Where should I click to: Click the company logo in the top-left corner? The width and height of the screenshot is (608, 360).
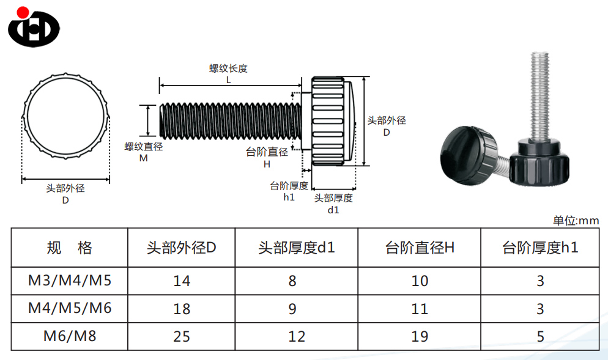(34, 26)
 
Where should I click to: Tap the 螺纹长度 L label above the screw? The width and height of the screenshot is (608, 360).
(228, 73)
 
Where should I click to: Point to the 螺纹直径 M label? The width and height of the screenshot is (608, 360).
(144, 152)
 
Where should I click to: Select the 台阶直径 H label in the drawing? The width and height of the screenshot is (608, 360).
(267, 158)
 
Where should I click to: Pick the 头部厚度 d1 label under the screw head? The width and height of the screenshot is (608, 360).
(333, 204)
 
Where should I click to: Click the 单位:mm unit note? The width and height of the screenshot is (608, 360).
(576, 221)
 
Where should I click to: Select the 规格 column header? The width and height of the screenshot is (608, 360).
(69, 248)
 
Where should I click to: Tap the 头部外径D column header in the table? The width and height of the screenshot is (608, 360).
(182, 248)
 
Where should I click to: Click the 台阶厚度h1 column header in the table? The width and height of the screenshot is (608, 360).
(540, 248)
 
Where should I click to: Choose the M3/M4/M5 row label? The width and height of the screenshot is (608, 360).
(70, 281)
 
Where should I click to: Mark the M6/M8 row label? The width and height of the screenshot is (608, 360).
(70, 336)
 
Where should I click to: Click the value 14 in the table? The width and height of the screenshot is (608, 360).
(182, 281)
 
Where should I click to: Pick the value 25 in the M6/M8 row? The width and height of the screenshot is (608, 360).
(182, 337)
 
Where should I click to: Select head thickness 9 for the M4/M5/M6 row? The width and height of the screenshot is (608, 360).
(292, 309)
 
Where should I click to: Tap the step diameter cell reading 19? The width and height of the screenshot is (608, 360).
(420, 337)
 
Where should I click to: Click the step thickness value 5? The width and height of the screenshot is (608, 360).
(540, 337)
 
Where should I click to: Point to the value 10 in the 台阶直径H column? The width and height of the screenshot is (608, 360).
(420, 281)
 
